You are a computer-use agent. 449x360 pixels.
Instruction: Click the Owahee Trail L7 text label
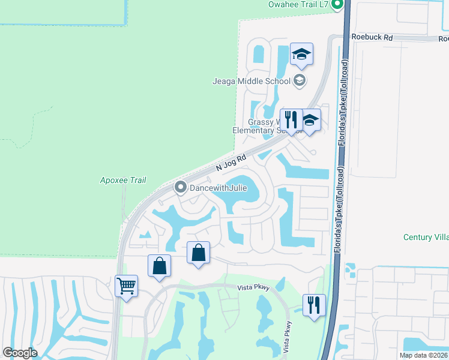point(298,5)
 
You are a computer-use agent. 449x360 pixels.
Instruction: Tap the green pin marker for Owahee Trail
point(337,5)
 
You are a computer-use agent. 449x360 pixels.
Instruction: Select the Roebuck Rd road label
point(372,37)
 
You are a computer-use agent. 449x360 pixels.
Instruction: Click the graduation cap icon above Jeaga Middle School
point(301,55)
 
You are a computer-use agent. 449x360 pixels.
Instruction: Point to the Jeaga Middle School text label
point(252,81)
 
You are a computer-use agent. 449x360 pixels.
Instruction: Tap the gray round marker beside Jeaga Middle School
point(300,80)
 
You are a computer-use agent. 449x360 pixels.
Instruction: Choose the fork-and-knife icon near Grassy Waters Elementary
point(291,120)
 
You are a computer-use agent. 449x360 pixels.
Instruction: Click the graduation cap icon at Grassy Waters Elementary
point(310,121)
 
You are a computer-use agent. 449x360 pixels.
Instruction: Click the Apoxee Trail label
point(122,180)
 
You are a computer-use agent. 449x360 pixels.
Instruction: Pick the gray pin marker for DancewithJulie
point(180,188)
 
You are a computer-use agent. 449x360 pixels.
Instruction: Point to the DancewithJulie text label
point(218,188)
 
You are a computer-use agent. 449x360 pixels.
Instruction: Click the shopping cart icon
point(127,286)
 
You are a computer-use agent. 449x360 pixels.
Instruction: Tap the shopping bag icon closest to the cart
point(160,266)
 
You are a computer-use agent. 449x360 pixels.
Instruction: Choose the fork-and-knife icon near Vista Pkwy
point(314,305)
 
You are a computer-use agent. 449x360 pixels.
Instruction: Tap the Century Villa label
point(426,237)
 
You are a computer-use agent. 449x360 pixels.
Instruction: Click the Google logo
point(20,353)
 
